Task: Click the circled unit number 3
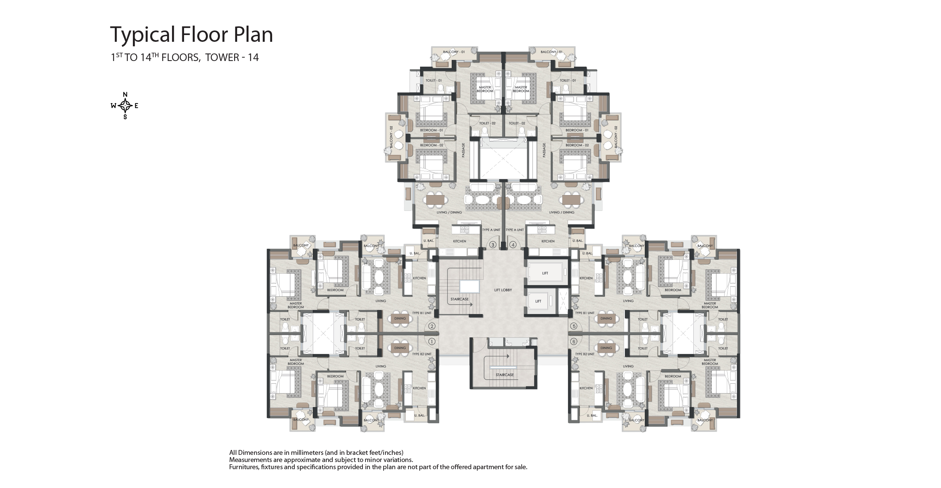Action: point(493,245)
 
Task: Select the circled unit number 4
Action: point(513,245)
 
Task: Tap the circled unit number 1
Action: point(432,342)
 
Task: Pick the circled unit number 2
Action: point(432,326)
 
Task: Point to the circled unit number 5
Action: point(574,326)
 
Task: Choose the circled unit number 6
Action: point(574,342)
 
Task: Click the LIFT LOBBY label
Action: point(503,290)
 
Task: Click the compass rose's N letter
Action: point(125,94)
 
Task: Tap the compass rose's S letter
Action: point(125,117)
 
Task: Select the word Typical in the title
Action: point(143,35)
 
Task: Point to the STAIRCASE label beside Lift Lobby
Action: point(460,299)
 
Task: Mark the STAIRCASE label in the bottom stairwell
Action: point(505,375)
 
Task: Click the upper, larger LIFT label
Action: point(545,273)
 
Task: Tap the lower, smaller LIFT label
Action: point(538,301)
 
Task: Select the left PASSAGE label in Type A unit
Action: point(463,150)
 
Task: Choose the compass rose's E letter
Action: point(136,106)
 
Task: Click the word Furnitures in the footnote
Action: point(243,467)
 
